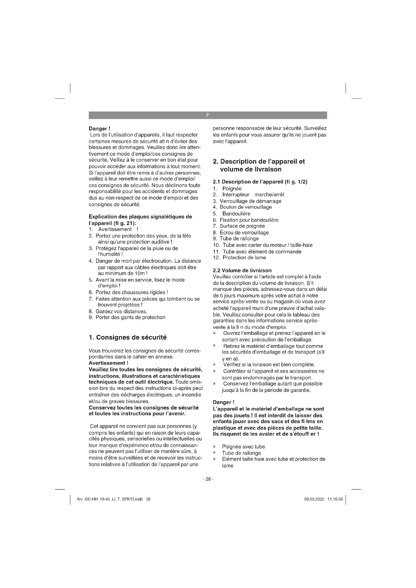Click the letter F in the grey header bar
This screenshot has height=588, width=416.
click(x=208, y=115)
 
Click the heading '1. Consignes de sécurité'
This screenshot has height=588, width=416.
click(x=128, y=337)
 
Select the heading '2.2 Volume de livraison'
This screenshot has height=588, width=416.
click(x=242, y=270)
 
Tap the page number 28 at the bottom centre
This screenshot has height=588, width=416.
click(x=208, y=479)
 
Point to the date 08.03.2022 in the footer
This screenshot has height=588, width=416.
click(x=314, y=499)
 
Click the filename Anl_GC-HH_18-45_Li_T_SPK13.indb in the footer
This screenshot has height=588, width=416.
click(x=110, y=499)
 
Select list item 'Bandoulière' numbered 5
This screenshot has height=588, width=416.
click(x=236, y=214)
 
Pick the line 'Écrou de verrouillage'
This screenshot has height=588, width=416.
click(x=244, y=233)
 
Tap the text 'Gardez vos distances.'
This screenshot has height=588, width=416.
click(x=121, y=311)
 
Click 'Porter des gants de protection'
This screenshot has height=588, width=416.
click(x=130, y=317)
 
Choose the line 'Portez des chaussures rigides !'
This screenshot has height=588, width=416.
click(x=132, y=292)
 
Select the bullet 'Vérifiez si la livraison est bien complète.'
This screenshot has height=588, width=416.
click(x=269, y=365)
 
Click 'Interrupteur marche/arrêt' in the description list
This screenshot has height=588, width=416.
click(x=253, y=195)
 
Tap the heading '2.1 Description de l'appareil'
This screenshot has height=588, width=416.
click(x=260, y=182)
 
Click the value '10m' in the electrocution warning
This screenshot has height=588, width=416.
click(x=140, y=273)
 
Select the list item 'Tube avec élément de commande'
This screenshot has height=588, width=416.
click(x=262, y=251)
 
